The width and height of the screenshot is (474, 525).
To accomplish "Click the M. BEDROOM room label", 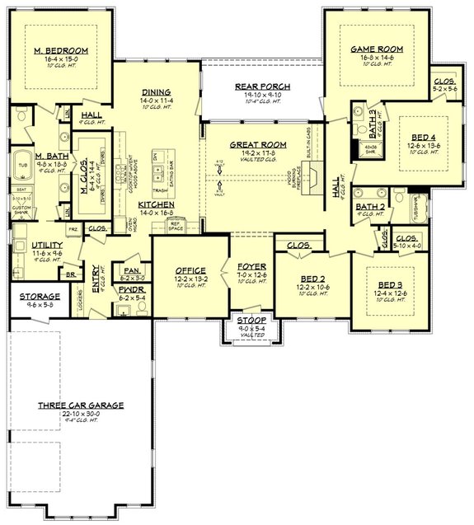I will pos(61,50).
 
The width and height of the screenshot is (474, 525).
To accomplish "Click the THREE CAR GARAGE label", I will pos(81,405).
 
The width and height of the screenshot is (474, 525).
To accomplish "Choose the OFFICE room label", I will pos(190,270).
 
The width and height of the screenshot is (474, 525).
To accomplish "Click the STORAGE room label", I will pos(40,296).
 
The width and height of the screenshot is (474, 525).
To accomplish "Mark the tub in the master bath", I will pos(22,163).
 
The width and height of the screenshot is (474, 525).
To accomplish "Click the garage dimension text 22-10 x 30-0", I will pos(81,414).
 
